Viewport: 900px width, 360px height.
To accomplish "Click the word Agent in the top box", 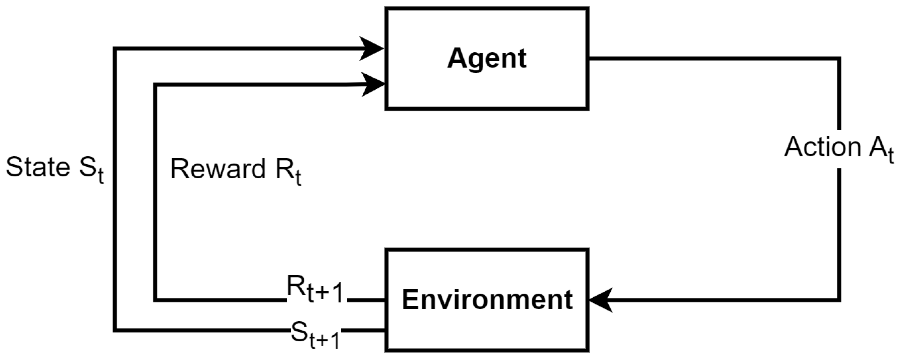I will [x=487, y=59].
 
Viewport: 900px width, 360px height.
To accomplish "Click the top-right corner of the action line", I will [x=839, y=59].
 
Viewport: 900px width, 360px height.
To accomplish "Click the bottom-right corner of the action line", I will [x=839, y=300].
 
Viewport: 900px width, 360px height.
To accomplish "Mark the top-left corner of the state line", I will [x=115, y=49].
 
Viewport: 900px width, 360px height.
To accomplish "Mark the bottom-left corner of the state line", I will [x=115, y=330].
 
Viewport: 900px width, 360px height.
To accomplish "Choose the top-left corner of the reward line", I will [x=155, y=85].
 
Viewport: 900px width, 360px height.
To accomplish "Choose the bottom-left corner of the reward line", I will [x=155, y=300].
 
